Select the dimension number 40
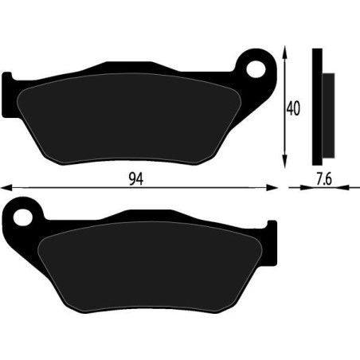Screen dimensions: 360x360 pos(294,108)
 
